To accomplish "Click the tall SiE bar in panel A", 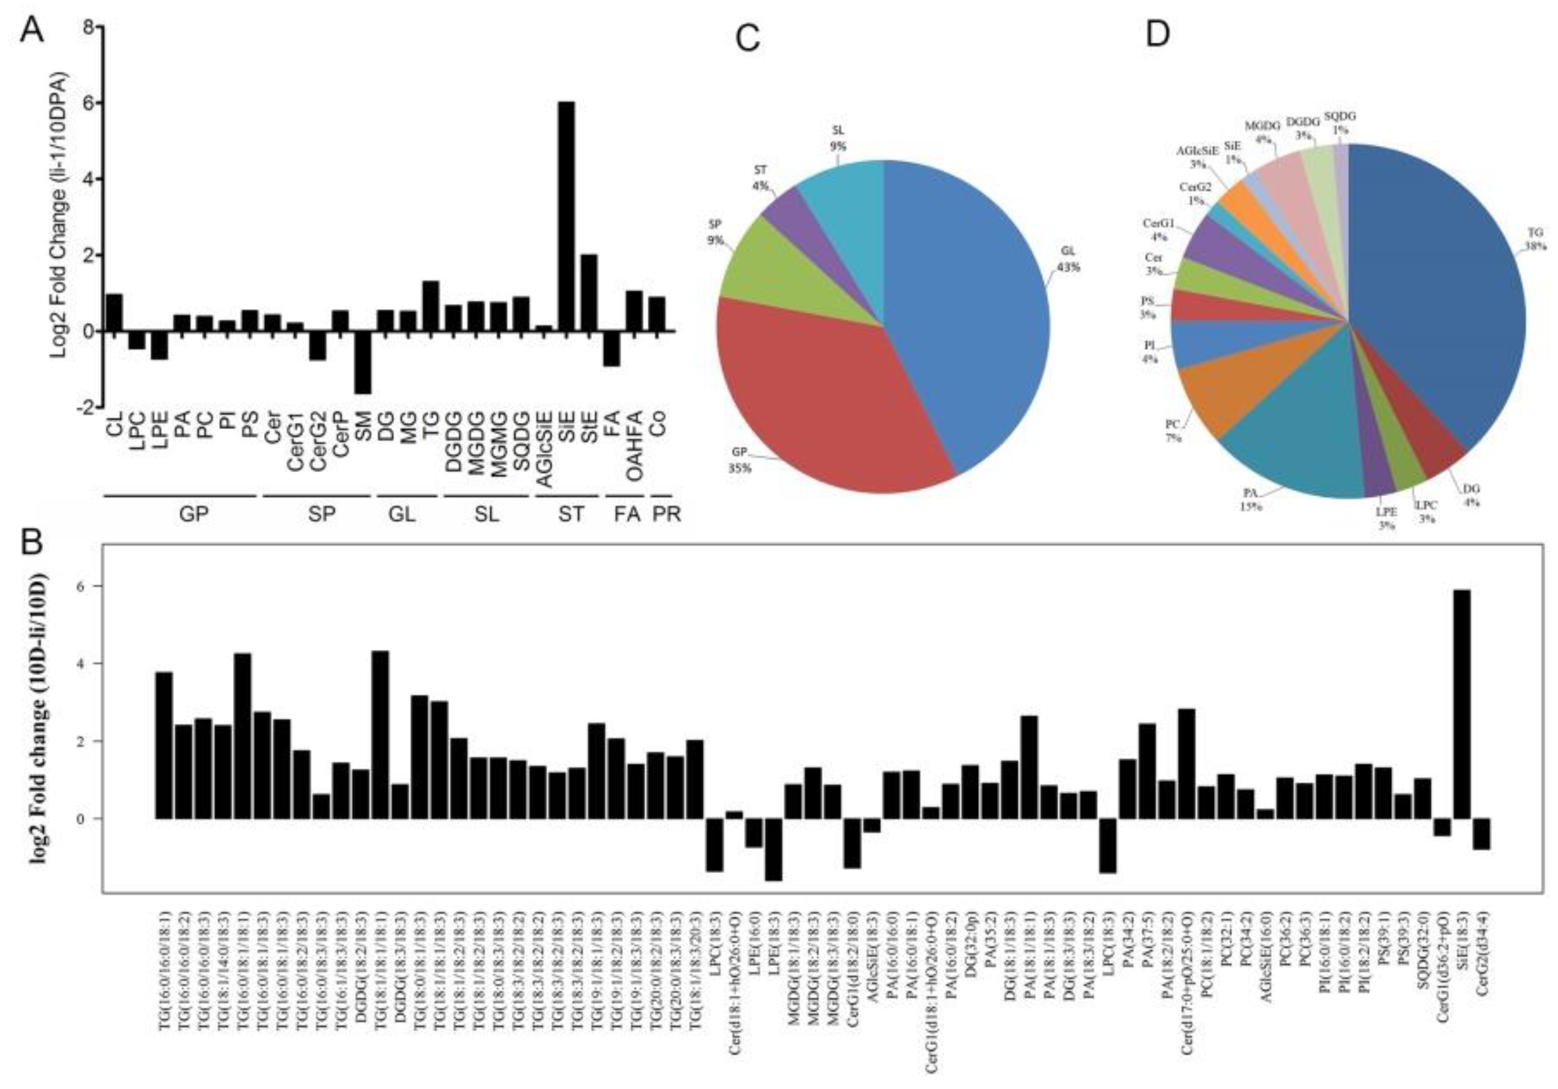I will click(566, 217).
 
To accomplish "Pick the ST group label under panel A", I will click(571, 514).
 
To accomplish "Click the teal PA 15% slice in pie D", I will click(1289, 434).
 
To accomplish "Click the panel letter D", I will click(1158, 34).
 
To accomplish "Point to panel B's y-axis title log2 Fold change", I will click(39, 719).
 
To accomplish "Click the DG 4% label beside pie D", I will click(1470, 495).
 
